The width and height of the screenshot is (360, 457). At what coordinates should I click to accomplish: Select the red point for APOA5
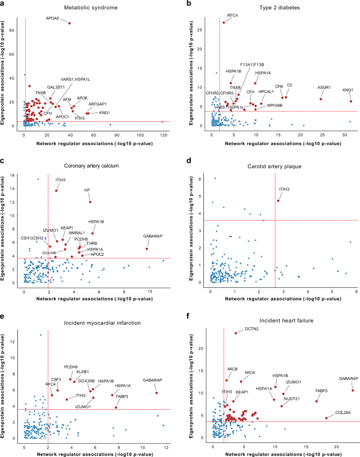point(69,23)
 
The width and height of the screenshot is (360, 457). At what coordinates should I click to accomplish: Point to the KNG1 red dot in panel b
point(351,101)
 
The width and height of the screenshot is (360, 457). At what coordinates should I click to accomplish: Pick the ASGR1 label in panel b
point(324,87)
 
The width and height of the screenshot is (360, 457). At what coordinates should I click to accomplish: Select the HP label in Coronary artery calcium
point(87,190)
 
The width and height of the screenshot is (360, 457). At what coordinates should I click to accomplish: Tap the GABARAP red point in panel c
point(147,248)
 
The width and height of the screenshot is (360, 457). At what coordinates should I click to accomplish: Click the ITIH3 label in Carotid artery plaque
point(284,189)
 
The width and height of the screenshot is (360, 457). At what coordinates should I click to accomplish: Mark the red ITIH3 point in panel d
point(279,201)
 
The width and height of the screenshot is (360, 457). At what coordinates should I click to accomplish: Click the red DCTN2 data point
point(236,333)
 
